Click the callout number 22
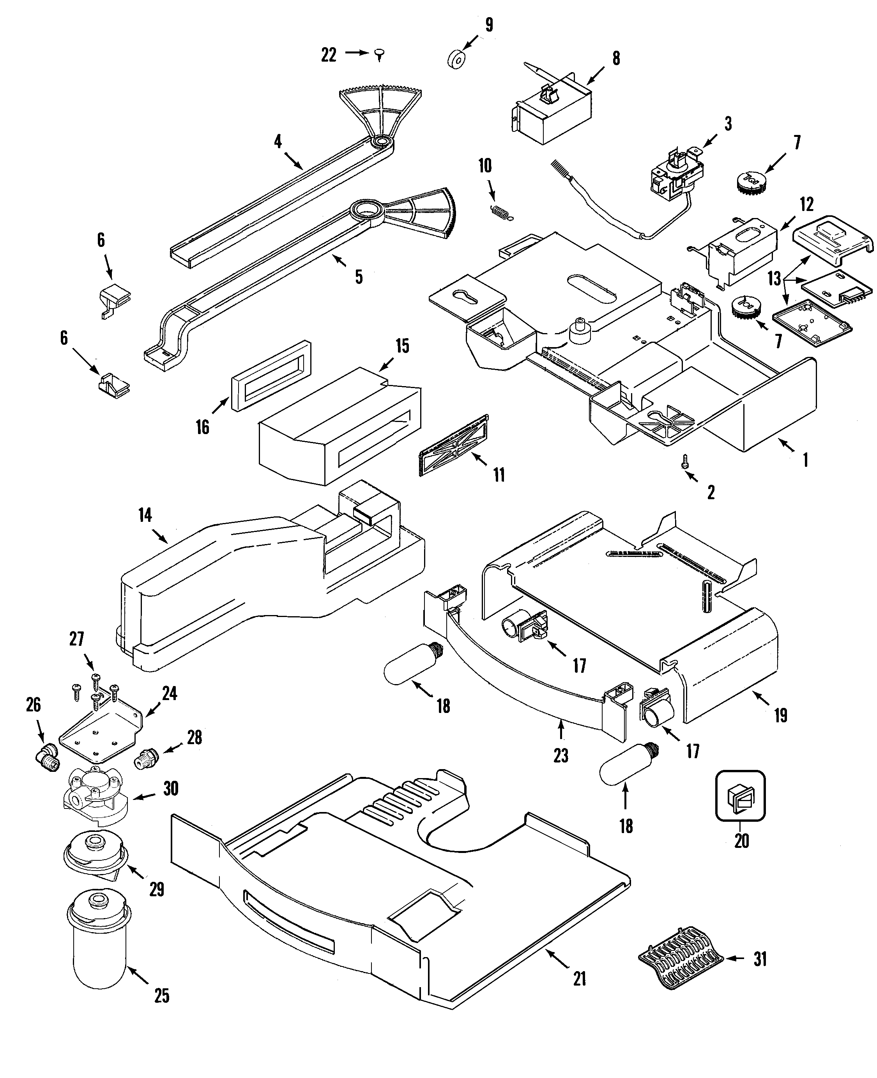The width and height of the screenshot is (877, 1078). coord(328,55)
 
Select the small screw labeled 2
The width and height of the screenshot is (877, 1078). coord(686,461)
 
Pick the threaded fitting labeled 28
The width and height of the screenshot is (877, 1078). coord(147,759)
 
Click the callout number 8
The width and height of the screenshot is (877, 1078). coord(616,59)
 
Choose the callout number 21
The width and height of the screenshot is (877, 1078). coord(580,979)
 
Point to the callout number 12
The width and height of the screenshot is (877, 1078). coord(806,205)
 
